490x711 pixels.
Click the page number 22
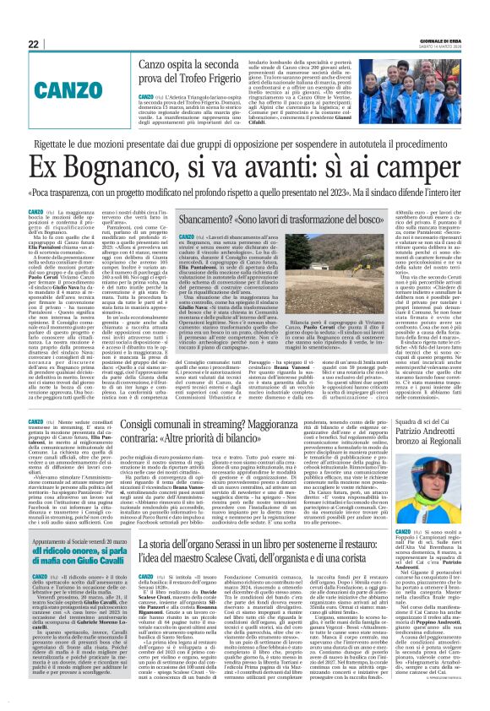click(35, 45)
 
